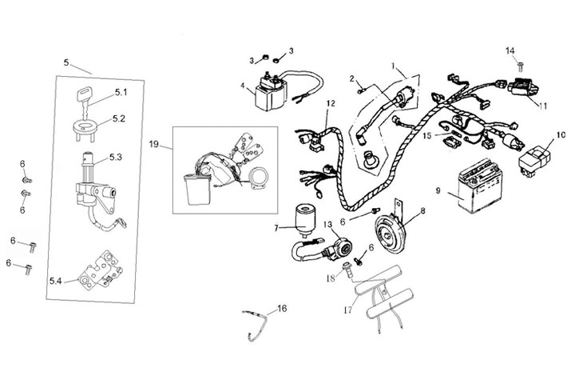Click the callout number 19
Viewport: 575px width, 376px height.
pyautogui.click(x=154, y=144)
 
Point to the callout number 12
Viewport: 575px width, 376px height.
pyautogui.click(x=331, y=104)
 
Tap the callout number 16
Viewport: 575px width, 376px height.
pyautogui.click(x=280, y=307)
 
